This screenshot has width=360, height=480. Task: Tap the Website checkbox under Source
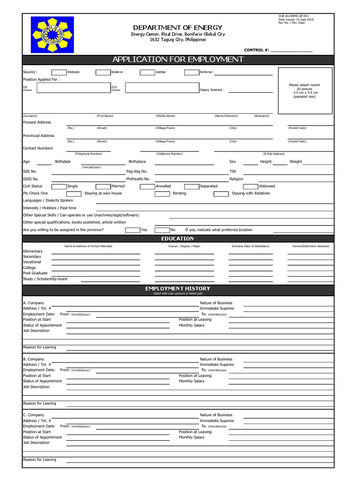[59, 72]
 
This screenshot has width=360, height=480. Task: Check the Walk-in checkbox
[103, 72]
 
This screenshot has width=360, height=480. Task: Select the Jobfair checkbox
[147, 72]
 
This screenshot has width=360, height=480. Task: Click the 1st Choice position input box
[71, 88]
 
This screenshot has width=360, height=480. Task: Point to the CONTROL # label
[256, 50]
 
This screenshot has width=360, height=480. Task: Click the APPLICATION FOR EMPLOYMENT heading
[178, 60]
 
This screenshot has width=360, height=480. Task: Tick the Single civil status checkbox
[59, 186]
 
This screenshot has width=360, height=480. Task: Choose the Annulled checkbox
[147, 186]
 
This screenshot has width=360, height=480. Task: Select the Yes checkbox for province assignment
[133, 230]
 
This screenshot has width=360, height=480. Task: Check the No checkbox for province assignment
[162, 230]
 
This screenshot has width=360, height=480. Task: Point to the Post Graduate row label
[35, 273]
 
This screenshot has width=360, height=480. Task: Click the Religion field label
[236, 179]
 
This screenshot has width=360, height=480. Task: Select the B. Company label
[34, 359]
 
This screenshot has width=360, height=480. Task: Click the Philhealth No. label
[138, 179]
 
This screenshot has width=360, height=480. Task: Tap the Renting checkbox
[162, 193]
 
